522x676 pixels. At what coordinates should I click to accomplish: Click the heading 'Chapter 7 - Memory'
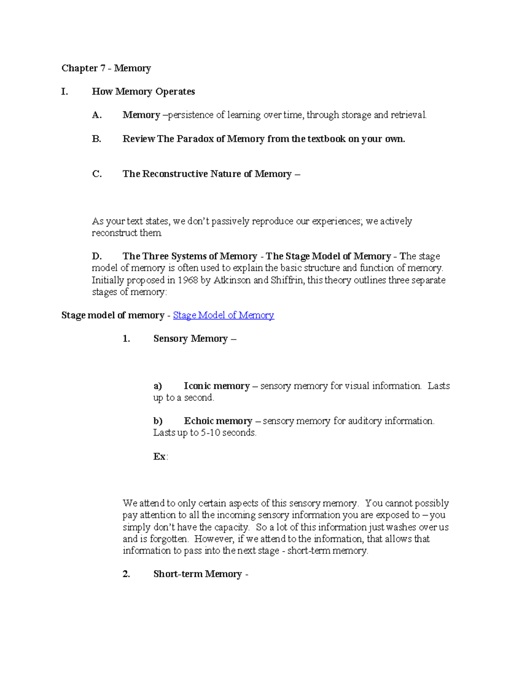coord(106,68)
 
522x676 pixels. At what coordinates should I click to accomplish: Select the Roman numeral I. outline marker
coord(65,91)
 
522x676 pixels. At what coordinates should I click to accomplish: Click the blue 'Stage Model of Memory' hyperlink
coord(223,315)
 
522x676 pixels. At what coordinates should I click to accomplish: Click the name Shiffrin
coord(287,280)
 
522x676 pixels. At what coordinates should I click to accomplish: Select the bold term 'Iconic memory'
coord(217,386)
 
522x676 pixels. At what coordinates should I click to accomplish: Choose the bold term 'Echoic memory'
coord(218,421)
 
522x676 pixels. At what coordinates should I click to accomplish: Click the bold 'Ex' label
coord(159,456)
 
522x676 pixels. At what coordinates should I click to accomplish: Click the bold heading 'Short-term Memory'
coord(197,574)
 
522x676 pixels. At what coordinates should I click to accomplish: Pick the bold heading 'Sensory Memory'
coord(191,339)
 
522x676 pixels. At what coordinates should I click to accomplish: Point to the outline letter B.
coord(97,139)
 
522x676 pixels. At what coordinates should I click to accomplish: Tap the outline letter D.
coord(97,256)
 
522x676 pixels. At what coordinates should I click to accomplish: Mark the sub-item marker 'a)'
coord(157,386)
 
